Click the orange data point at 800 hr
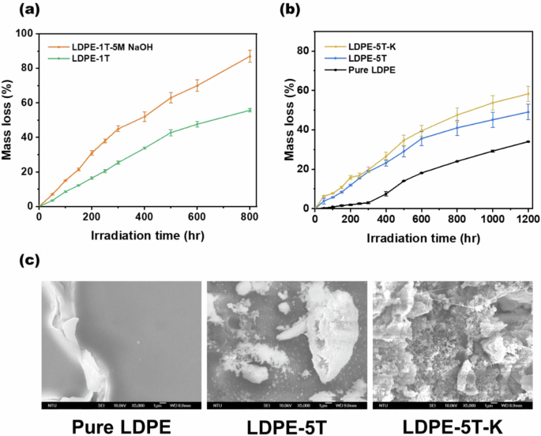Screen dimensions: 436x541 [250, 56]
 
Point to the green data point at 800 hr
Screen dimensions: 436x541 [250, 110]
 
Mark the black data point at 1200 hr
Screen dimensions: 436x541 [528, 141]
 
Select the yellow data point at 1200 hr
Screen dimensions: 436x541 [528, 93]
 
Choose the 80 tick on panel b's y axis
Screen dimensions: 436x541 [301, 51]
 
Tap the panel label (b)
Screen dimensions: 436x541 [285, 12]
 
